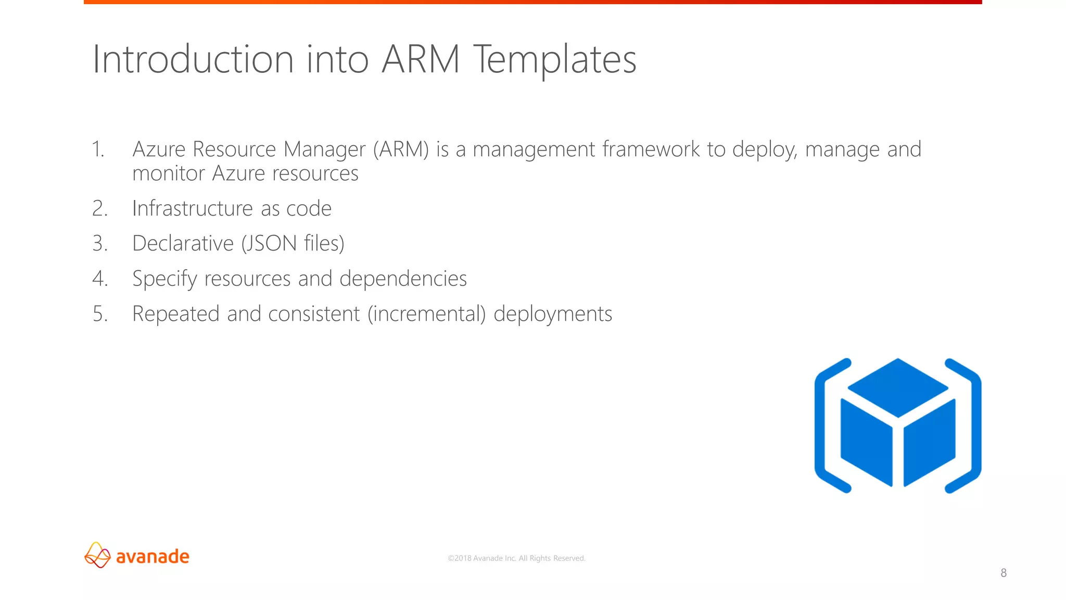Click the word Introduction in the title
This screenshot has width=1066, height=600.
[193, 59]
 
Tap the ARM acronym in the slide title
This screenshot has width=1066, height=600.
[421, 59]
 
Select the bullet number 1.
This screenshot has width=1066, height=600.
[98, 149]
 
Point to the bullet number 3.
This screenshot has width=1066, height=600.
[100, 244]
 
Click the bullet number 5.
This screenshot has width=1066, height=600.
[100, 314]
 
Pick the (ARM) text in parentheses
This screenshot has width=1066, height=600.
[401, 149]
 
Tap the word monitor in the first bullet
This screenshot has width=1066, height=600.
[169, 173]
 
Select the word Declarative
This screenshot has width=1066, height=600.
[183, 244]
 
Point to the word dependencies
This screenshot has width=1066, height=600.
[403, 279]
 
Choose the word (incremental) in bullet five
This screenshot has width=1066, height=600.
[426, 314]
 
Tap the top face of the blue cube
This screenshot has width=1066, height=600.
[898, 387]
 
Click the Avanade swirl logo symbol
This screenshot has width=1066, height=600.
[97, 555]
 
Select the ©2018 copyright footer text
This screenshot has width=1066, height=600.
[516, 558]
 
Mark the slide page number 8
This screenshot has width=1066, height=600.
[1004, 573]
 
